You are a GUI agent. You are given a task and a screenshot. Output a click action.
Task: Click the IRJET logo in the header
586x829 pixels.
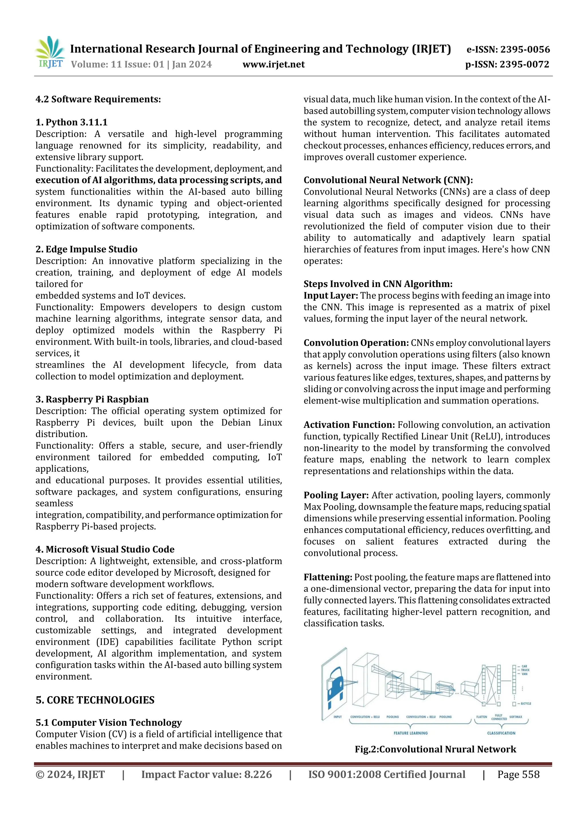50,53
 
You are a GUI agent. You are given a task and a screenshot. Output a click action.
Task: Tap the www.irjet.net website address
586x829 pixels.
273,65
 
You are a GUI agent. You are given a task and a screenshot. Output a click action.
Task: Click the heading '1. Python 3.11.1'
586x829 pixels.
72,122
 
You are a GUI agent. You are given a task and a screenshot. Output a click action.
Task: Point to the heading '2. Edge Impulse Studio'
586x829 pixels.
86,250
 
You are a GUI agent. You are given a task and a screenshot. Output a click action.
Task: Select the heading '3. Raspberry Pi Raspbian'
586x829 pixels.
92,399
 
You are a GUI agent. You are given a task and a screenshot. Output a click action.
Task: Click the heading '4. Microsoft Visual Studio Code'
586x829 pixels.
105,549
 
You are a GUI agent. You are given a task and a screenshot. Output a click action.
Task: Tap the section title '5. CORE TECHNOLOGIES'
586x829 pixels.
95,700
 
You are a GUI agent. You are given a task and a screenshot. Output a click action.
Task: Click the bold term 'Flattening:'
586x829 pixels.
328,577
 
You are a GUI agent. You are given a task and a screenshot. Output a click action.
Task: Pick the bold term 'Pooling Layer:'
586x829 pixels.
336,495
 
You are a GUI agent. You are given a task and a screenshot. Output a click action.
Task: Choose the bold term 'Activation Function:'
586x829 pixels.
349,425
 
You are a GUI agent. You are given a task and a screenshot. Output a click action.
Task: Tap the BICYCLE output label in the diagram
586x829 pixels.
525,704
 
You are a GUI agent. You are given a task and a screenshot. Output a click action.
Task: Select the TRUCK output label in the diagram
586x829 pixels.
525,670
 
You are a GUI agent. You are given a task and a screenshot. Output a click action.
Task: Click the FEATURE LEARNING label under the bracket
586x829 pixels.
411,733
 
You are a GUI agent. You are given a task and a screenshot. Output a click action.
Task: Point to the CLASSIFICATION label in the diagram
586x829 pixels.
501,733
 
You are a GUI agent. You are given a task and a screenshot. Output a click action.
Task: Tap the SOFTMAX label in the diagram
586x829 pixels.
516,717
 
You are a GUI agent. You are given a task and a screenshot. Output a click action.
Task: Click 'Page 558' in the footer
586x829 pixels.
518,775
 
